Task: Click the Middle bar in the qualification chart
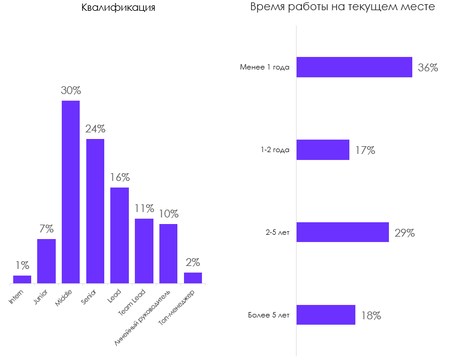(71, 192)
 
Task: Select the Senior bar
(95, 211)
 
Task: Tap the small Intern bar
(22, 279)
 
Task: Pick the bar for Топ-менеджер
(192, 278)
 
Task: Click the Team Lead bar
(144, 250)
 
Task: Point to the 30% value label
(71, 91)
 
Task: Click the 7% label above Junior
(47, 229)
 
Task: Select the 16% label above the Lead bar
(120, 177)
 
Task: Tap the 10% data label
(168, 214)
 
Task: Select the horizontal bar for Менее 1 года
(354, 67)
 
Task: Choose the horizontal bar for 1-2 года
(323, 150)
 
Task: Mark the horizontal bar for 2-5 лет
(343, 232)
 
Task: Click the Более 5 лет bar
(326, 315)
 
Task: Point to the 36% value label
(428, 68)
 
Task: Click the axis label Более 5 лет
(268, 316)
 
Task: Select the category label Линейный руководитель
(144, 317)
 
